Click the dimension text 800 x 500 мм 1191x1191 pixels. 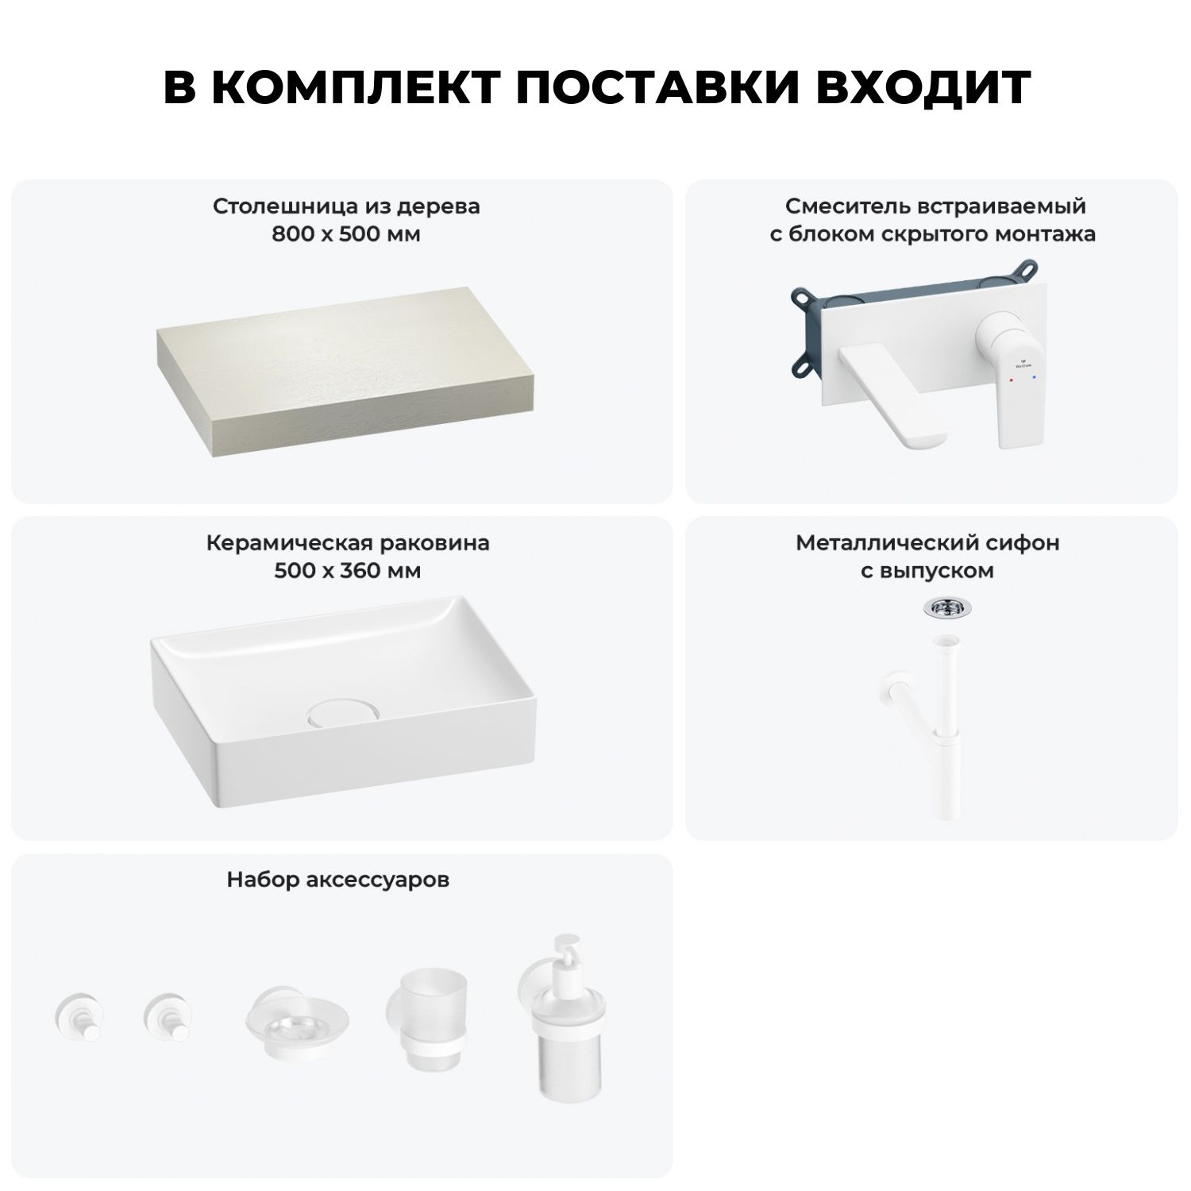click(x=346, y=234)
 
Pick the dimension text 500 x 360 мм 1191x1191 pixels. click(x=347, y=571)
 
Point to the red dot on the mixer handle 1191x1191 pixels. click(x=1011, y=381)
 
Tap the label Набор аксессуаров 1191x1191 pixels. click(x=338, y=880)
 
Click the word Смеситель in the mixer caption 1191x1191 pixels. click(x=848, y=206)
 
